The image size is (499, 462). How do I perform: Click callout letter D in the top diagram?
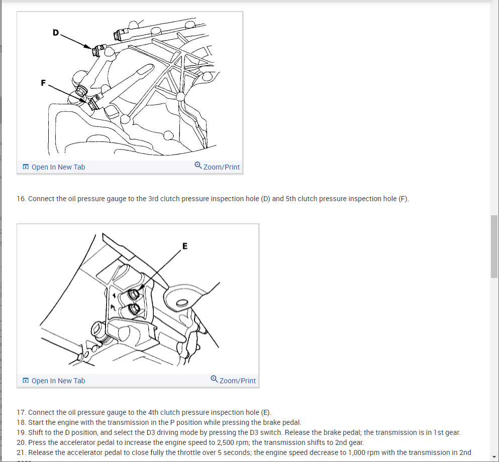coord(55,33)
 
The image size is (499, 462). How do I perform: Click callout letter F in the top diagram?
coord(44,83)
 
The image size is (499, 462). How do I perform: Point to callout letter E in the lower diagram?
coord(185,246)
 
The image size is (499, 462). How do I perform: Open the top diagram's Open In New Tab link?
coord(58,167)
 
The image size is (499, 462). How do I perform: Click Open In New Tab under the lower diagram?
coord(58,381)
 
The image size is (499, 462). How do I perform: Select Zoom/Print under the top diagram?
coord(222,167)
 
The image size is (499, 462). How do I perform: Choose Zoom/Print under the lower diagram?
coord(238,381)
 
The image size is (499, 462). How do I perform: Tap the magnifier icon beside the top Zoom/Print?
coord(198,166)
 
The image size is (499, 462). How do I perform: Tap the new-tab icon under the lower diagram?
coord(25,381)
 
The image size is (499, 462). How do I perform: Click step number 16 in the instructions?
coord(21,199)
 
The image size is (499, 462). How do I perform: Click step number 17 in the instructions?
coord(21,412)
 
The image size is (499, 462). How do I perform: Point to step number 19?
coord(21,432)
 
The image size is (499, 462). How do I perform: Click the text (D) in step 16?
coord(265,199)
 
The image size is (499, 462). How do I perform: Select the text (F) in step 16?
coord(403,199)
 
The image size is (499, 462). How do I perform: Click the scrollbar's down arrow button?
coord(494,456)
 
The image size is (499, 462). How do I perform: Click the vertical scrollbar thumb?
coord(494,246)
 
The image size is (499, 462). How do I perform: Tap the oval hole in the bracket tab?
coord(181,301)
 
